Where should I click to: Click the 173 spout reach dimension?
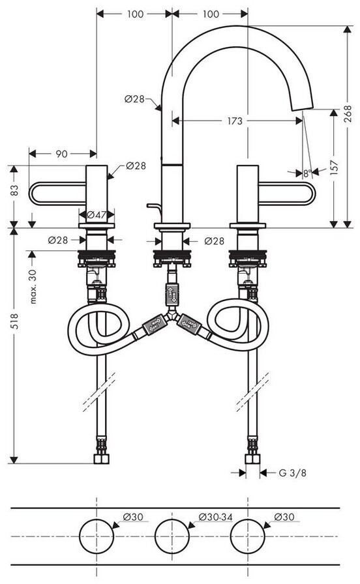pos(235,121)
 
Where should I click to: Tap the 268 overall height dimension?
pos(348,113)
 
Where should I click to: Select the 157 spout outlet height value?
pos(335,168)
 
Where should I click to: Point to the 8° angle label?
pos(307,173)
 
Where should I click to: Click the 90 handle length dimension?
pos(61,153)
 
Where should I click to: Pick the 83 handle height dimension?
pos(14,191)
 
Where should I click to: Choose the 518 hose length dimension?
pos(14,322)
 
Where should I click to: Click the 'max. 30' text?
pos(33,287)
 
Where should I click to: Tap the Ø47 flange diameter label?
pos(96,214)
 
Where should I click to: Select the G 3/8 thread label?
pos(293,473)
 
